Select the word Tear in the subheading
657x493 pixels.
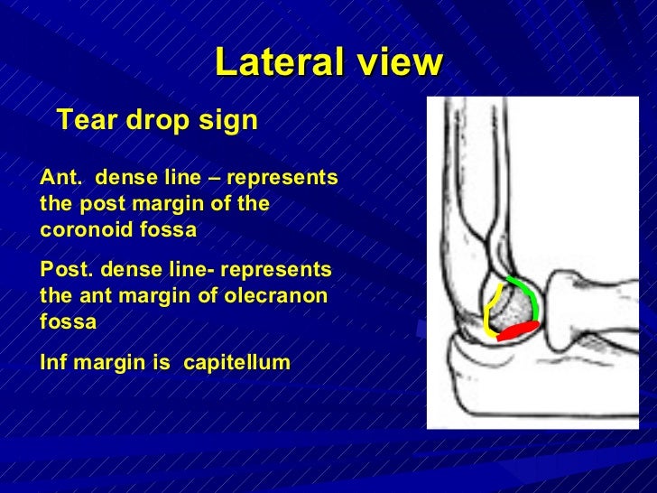click(x=85, y=120)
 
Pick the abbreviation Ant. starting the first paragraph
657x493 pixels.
click(x=60, y=177)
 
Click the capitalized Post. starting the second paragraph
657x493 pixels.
click(x=67, y=269)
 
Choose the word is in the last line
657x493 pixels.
click(x=165, y=363)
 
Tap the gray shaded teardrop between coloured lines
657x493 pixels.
click(x=514, y=310)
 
